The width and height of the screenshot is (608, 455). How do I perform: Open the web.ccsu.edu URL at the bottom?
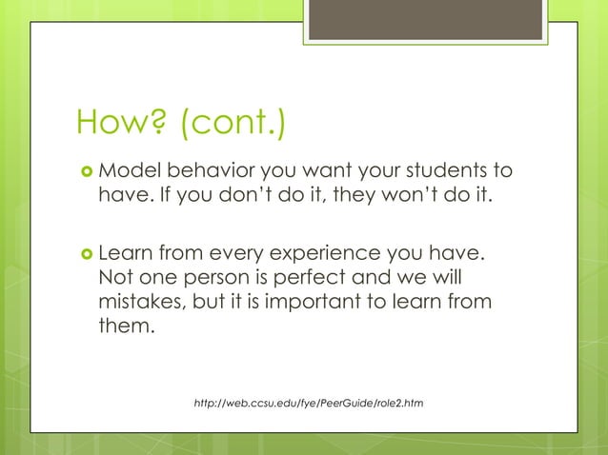[x=308, y=405]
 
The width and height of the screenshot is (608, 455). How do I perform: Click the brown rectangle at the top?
[x=425, y=19]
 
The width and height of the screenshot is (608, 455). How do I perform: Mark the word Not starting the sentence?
[x=116, y=281]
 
